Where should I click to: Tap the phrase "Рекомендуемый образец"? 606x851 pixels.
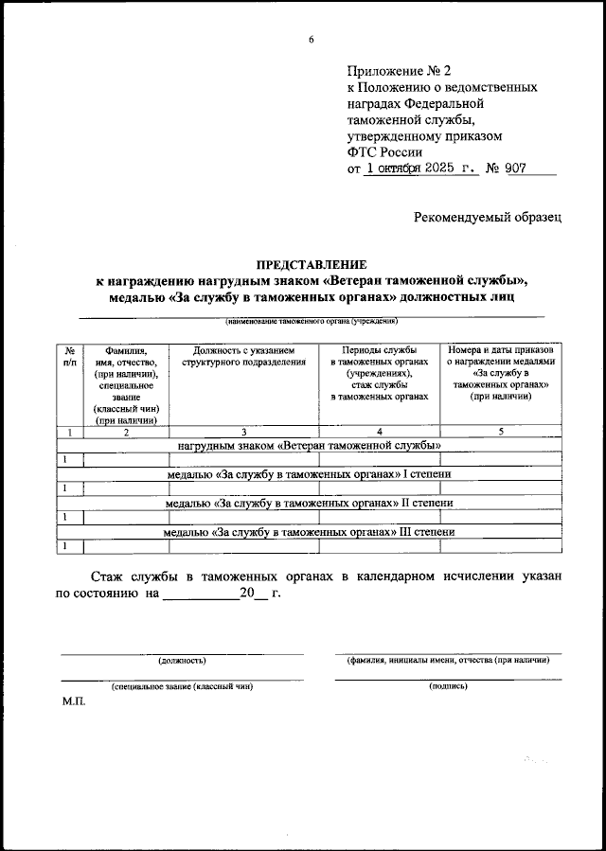click(x=488, y=217)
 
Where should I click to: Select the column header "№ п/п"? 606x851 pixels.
click(x=70, y=356)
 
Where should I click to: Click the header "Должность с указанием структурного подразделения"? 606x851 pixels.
click(x=243, y=356)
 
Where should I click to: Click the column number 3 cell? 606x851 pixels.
click(x=243, y=432)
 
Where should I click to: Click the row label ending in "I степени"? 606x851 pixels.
click(x=310, y=473)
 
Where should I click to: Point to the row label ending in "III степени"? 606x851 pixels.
click(x=310, y=532)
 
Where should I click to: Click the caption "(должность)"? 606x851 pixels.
click(x=182, y=660)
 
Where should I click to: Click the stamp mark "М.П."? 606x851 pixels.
click(x=73, y=705)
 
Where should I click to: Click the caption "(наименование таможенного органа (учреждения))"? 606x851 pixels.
click(x=311, y=322)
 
